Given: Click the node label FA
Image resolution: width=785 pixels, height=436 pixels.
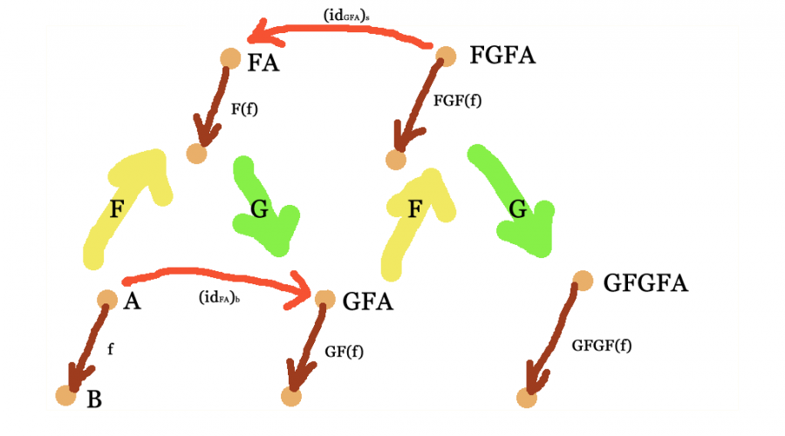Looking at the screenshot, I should click(264, 63).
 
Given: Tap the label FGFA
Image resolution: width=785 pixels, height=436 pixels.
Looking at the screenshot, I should click(502, 57).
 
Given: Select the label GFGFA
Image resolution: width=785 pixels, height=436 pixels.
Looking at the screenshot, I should click(646, 283).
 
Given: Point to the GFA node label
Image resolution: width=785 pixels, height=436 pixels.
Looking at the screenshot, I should click(368, 302).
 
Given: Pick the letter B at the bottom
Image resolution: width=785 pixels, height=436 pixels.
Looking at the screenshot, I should click(95, 400).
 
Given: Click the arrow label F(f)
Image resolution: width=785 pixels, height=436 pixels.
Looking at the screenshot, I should click(244, 111).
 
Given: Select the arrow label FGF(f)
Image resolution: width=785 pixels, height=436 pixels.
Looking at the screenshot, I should click(457, 99).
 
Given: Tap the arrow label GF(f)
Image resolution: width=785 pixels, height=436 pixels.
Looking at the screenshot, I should click(344, 351).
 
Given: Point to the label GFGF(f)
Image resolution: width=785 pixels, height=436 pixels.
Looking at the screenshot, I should click(602, 345).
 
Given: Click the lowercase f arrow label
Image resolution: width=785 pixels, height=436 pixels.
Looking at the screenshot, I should click(110, 347).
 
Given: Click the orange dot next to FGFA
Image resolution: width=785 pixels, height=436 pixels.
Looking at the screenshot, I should click(445, 58).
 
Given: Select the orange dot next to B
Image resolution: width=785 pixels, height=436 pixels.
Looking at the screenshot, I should click(66, 395).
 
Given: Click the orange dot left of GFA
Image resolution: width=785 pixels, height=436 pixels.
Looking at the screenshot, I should click(324, 299).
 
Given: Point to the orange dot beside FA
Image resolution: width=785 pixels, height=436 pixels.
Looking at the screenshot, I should click(229, 58).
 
